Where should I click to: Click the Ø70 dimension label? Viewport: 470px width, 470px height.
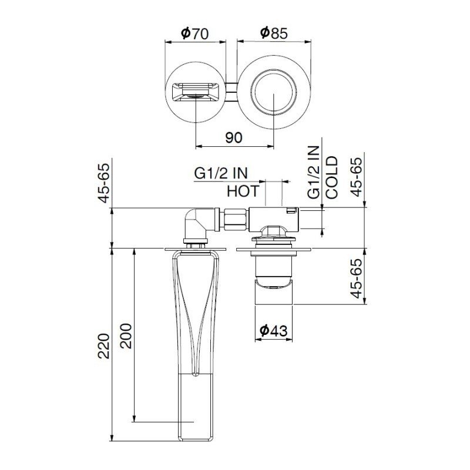(195, 33)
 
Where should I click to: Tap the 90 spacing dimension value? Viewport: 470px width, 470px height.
(233, 137)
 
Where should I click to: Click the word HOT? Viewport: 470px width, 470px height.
(243, 191)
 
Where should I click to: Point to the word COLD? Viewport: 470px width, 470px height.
(332, 177)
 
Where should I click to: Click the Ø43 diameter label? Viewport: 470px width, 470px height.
(273, 331)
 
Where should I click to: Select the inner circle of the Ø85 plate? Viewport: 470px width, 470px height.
(273, 93)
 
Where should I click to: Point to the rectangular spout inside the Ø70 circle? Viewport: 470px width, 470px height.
(194, 93)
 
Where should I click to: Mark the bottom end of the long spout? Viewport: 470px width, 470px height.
(194, 438)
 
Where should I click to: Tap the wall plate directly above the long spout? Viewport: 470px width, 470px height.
(194, 250)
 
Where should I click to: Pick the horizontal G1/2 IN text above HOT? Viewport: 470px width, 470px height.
(221, 173)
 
